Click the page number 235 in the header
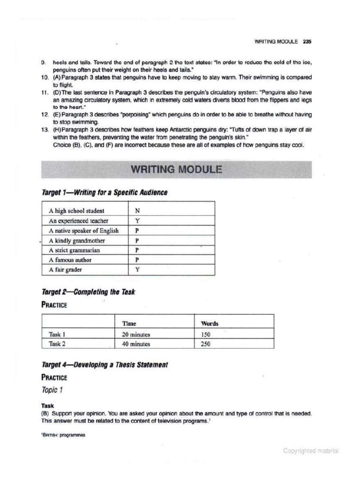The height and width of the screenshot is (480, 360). (x=307, y=41)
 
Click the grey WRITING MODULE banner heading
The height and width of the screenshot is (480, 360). (x=176, y=169)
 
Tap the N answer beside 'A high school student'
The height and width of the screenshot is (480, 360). (x=137, y=211)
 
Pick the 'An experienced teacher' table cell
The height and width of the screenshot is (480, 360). (x=79, y=221)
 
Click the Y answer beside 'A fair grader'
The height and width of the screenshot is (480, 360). (x=137, y=270)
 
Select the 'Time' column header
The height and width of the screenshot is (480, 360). (x=129, y=323)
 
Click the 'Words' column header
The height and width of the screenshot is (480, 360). (x=210, y=323)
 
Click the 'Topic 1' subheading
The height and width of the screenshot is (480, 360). (x=52, y=390)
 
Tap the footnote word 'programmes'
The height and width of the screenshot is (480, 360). (x=72, y=435)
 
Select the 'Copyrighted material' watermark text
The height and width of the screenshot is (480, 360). (x=311, y=451)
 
